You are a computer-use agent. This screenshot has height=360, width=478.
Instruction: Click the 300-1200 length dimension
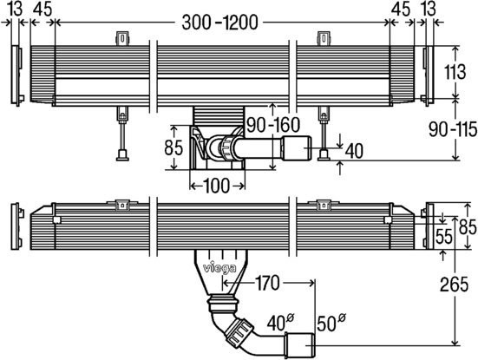(x=219, y=23)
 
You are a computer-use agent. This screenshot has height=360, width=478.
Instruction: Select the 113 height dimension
(x=455, y=72)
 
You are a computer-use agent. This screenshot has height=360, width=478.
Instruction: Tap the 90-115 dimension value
(x=453, y=129)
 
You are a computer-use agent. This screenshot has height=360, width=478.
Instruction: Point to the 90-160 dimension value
(x=273, y=125)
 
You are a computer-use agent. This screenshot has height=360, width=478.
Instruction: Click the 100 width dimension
(x=216, y=186)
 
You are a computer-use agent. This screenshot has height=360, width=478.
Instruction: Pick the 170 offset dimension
(x=267, y=283)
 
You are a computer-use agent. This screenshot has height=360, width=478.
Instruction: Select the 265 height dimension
(x=454, y=285)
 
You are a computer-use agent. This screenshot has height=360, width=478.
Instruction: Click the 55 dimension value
(x=444, y=237)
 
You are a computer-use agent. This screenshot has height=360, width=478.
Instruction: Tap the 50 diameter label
(x=331, y=323)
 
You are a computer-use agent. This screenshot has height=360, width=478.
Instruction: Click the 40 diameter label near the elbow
(x=280, y=323)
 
